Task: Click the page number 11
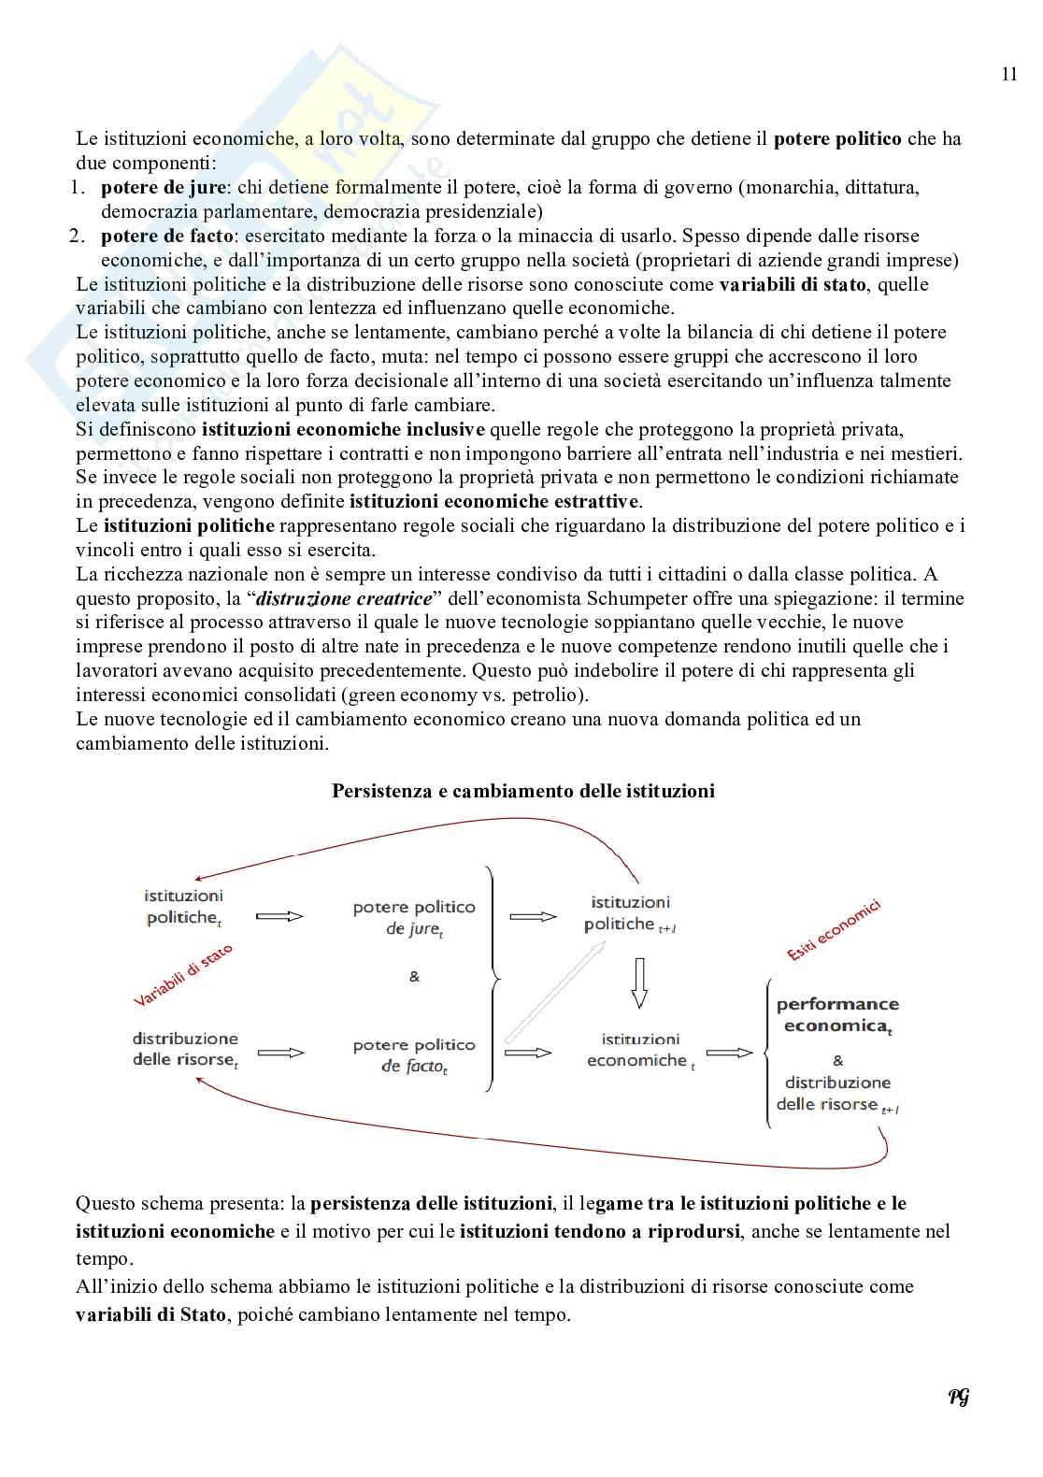click(x=1008, y=75)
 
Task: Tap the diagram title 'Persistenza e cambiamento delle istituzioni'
click(x=523, y=791)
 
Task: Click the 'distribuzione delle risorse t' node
click(x=185, y=1050)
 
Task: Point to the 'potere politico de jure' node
click(x=414, y=918)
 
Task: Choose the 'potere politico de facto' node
click(x=414, y=1055)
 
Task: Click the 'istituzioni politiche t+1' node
click(x=630, y=913)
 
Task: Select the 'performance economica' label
click(x=837, y=1014)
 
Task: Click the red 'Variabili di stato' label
click(x=183, y=975)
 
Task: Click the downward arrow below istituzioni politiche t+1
click(x=639, y=982)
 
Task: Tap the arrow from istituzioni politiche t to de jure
click(x=279, y=916)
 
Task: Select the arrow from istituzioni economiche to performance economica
click(x=729, y=1053)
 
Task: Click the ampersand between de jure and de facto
click(x=414, y=977)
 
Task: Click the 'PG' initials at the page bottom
click(x=959, y=1397)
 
